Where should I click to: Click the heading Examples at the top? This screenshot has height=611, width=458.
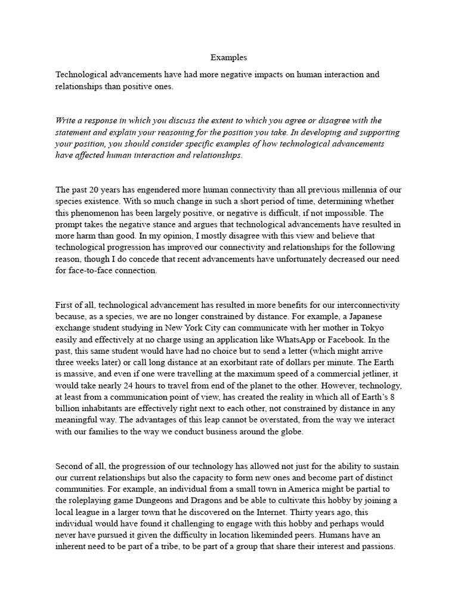coord(228,58)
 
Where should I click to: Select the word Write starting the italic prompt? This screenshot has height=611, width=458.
coord(66,121)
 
